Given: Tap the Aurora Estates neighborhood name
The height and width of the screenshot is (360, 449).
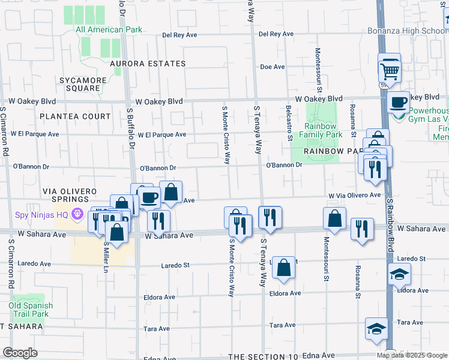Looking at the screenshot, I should [148, 64].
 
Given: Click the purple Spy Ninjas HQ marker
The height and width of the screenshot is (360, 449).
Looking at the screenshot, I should [77, 214].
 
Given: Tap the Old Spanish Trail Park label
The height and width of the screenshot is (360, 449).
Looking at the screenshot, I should [31, 310].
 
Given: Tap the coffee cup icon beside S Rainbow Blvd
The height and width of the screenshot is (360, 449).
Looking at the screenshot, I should [398, 102].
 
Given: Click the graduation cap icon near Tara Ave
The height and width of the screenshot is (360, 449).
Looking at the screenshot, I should [376, 329].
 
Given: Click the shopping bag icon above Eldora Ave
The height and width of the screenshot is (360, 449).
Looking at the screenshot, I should [284, 267].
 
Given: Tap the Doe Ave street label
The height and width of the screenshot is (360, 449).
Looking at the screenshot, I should [271, 67].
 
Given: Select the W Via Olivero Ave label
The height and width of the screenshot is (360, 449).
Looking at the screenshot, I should [354, 196].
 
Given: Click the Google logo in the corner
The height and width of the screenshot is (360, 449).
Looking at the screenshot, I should [20, 353].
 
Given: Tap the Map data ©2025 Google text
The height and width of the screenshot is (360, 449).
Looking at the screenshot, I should [412, 355].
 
